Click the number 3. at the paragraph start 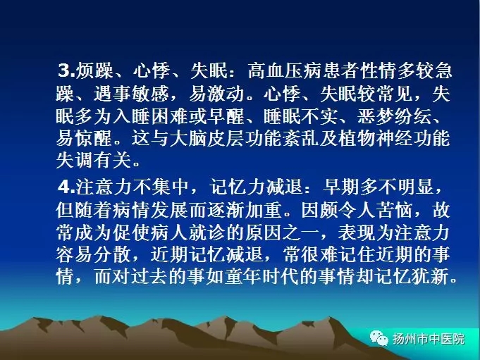pyautogui.click(x=67, y=70)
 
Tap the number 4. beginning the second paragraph pyautogui.click(x=67, y=186)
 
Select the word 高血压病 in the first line pyautogui.click(x=285, y=70)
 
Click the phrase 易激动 pyautogui.click(x=216, y=93)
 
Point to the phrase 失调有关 pyautogui.click(x=94, y=160)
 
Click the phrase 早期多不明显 pyautogui.click(x=379, y=186)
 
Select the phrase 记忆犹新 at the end pyautogui.click(x=412, y=276)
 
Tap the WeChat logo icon pyautogui.click(x=379, y=338)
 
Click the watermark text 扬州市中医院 pyautogui.click(x=429, y=339)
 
